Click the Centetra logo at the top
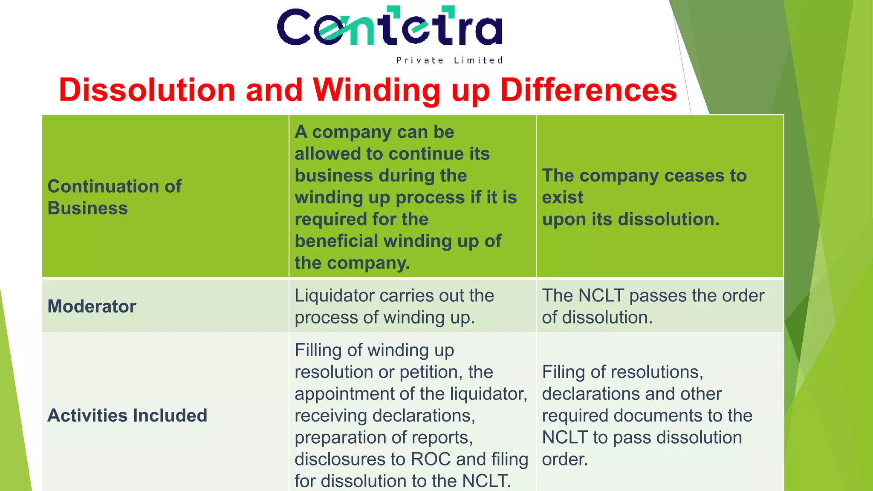click(x=390, y=26)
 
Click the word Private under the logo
click(x=420, y=61)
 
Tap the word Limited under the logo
click(x=478, y=61)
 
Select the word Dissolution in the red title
click(x=147, y=90)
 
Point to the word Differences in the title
click(x=589, y=90)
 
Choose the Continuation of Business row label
click(x=114, y=197)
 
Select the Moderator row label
click(x=92, y=306)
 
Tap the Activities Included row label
click(x=127, y=416)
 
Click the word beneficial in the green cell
click(x=331, y=241)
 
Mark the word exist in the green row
click(x=562, y=198)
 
